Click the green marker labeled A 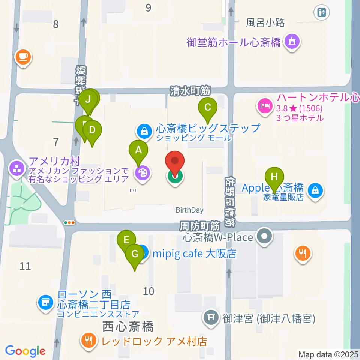(138, 150)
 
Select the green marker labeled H (274, 177)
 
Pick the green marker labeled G (134, 253)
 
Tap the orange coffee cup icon (23, 57)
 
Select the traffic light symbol (70, 223)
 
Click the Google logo (25, 351)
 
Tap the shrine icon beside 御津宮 (211, 318)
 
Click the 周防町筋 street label (199, 226)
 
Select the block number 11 (25, 266)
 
